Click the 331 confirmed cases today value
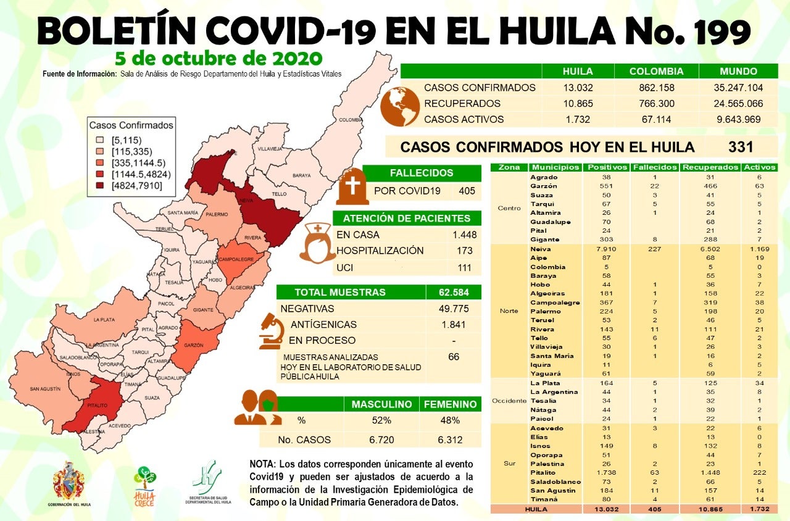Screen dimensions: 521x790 [x=741, y=147]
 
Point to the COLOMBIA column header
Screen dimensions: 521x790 [x=656, y=71]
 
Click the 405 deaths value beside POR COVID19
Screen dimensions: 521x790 [x=467, y=191]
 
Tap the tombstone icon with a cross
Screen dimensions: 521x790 [x=352, y=186]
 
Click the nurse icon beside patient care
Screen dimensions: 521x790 [x=317, y=243]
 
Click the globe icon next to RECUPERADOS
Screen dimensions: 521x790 [x=399, y=106]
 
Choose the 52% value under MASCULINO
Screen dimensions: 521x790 [x=381, y=420]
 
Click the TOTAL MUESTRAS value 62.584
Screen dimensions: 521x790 [x=454, y=292]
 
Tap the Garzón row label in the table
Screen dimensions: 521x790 [x=543, y=186]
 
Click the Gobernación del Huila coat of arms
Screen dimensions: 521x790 [x=69, y=481]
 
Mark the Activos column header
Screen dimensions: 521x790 [x=760, y=167]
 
